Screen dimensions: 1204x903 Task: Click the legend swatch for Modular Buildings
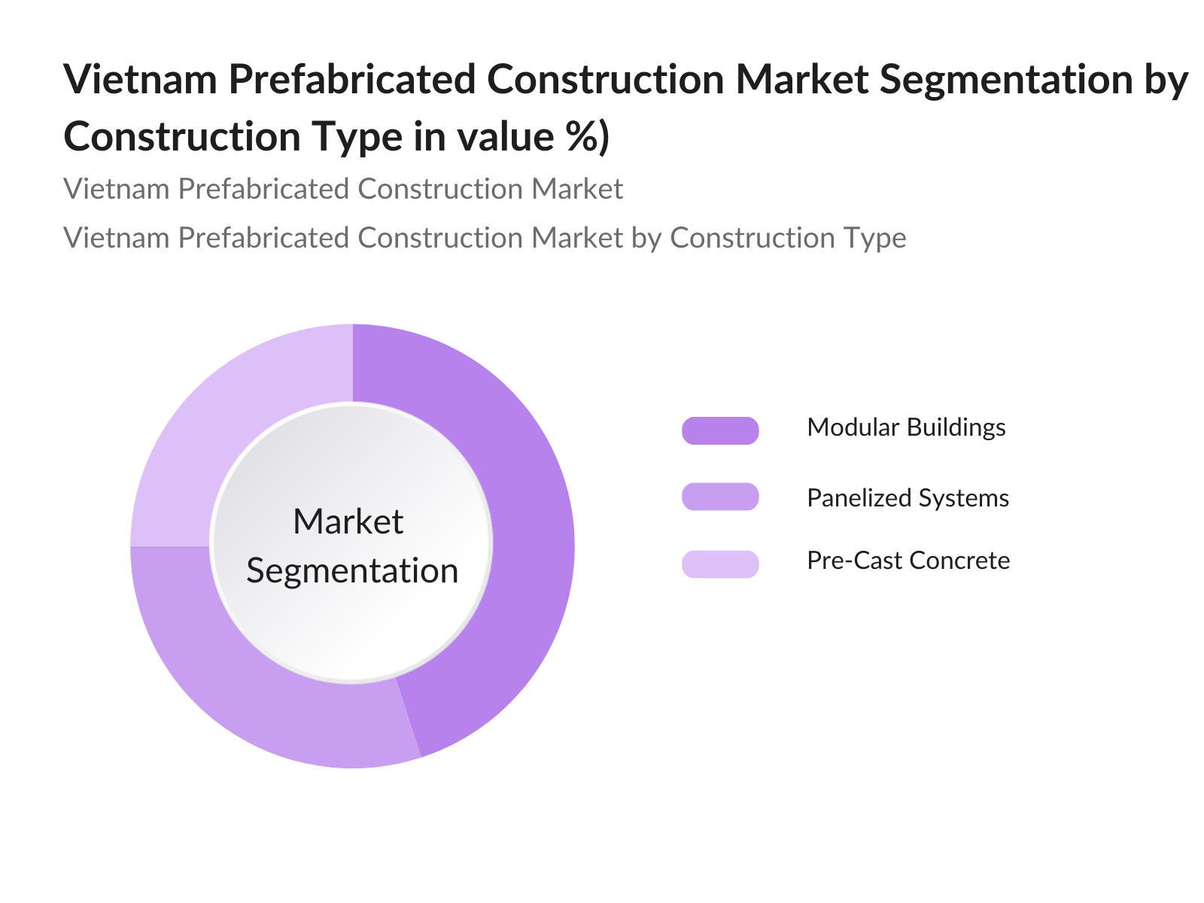tap(720, 430)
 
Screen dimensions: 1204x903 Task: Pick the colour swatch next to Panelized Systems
tap(720, 497)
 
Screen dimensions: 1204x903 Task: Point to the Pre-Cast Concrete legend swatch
tap(720, 564)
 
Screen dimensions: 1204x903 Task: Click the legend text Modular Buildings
tap(906, 427)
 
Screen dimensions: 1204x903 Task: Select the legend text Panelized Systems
tap(908, 498)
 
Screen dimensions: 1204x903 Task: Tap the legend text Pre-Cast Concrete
tap(908, 561)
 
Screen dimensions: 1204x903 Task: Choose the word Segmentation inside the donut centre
tap(352, 570)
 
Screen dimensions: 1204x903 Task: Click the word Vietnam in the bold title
tap(140, 79)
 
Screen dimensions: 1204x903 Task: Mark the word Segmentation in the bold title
tap(1007, 80)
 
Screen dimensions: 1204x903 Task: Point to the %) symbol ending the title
tap(588, 137)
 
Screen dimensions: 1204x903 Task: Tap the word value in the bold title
tap(505, 137)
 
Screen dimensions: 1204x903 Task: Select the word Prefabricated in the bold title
tap(352, 79)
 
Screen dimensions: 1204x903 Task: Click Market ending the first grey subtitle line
tap(577, 189)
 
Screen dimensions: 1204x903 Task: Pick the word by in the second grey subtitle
tap(646, 239)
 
